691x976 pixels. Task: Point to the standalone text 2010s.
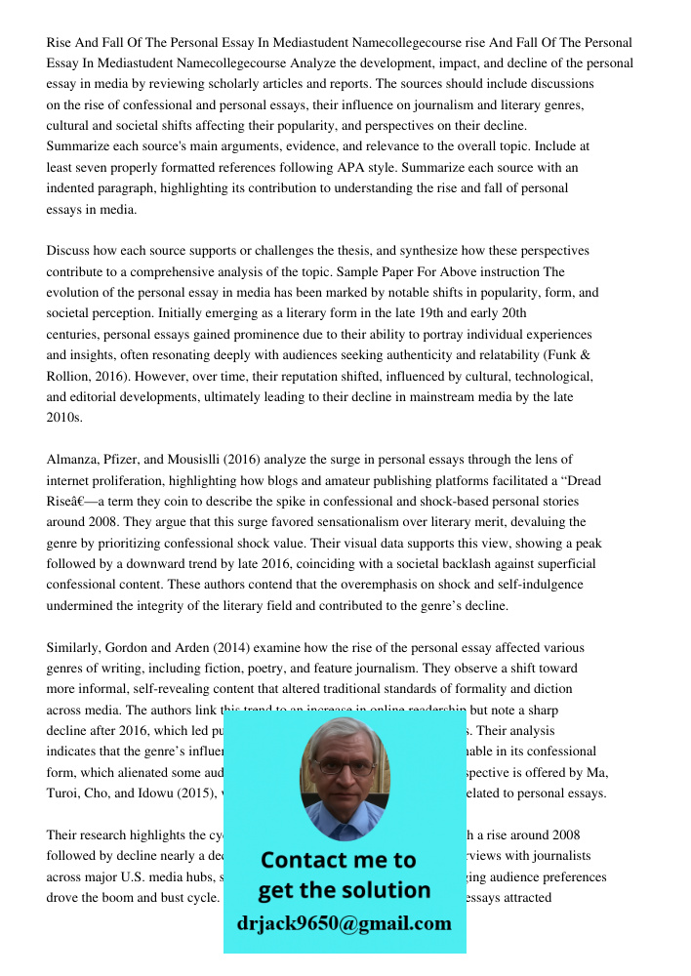pos(64,417)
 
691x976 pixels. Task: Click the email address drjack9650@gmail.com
pos(344,923)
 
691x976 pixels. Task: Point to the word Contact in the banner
pos(302,861)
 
